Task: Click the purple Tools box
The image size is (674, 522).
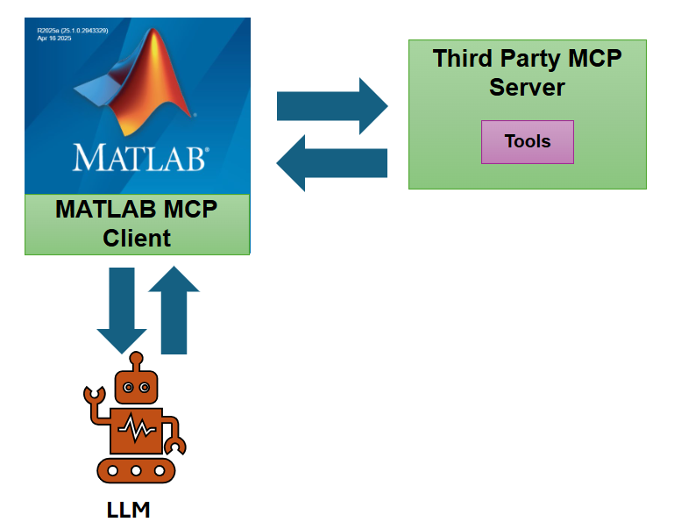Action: [528, 142]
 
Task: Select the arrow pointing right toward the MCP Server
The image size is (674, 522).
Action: [332, 105]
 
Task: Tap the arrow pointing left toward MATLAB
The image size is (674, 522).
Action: [332, 162]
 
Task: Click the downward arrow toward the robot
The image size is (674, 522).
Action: [121, 311]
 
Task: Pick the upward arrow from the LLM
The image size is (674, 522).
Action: [174, 311]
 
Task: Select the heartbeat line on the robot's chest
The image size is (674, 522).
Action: [135, 429]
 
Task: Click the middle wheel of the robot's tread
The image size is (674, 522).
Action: [136, 470]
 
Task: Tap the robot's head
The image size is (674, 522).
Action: [136, 386]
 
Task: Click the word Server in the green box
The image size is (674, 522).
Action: [527, 88]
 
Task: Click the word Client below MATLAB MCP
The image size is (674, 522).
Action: [137, 237]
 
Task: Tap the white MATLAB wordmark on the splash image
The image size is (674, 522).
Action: [140, 158]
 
